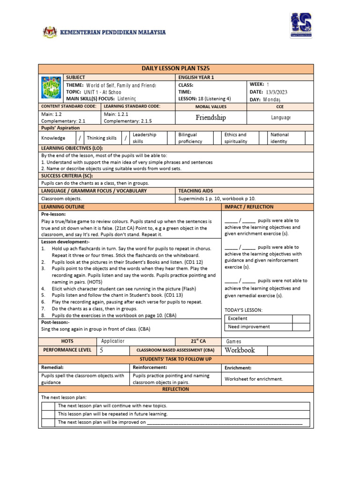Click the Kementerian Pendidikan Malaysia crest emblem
[49, 32]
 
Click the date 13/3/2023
[278, 92]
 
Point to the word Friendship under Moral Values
[210, 117]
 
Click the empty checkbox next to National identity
[309, 138]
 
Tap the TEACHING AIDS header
[195, 191]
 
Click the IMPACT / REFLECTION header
[249, 207]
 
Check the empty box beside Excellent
[301, 319]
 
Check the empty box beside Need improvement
[301, 327]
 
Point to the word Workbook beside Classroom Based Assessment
[240, 350]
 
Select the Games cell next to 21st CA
[233, 342]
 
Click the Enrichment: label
[238, 368]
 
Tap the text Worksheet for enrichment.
[254, 379]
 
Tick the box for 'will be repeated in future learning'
[49, 414]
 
